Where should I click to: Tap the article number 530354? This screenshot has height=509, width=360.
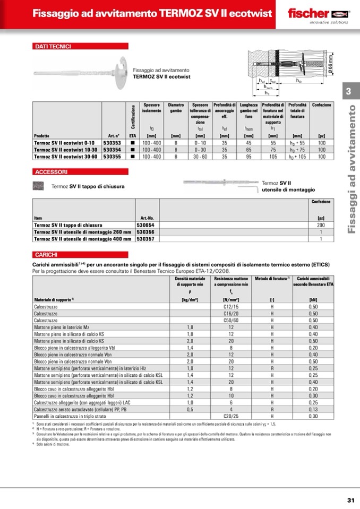tap(112, 150)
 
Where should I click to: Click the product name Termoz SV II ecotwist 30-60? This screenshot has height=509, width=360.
tap(64, 157)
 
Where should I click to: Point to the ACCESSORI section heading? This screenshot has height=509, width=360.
tap(51, 172)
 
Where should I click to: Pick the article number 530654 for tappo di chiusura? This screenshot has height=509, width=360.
tap(146, 226)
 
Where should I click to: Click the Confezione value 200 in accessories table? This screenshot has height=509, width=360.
tap(321, 226)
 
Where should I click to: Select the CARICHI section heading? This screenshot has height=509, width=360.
tap(46, 255)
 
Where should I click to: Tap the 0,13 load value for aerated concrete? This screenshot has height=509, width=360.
tap(313, 410)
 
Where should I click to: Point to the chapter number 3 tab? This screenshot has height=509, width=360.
tap(348, 91)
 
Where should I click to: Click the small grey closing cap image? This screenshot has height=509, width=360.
tap(39, 186)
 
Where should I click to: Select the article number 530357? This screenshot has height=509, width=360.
tap(146, 239)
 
